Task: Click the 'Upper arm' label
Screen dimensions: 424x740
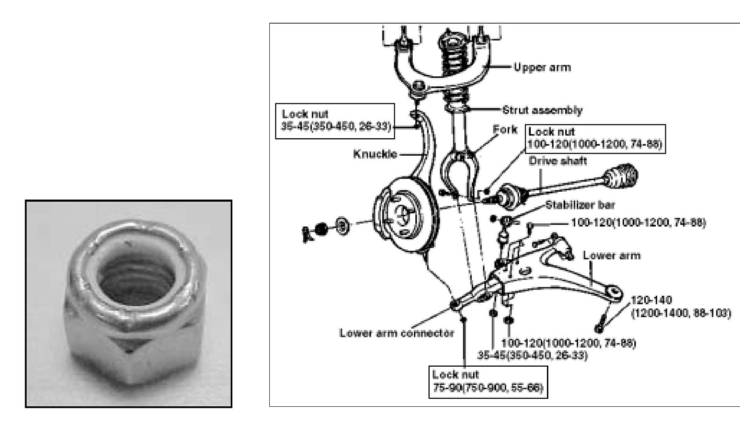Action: coord(542,67)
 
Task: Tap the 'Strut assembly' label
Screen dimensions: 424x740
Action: coord(542,110)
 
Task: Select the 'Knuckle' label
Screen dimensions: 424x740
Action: coord(375,154)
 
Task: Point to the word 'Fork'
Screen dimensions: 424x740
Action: coord(505,130)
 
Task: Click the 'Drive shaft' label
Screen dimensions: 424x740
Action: coord(558,161)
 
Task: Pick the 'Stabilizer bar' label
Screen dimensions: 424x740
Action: coord(580,205)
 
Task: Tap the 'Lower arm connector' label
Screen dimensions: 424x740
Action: coord(396,333)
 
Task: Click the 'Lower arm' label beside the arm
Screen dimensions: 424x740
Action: coord(612,256)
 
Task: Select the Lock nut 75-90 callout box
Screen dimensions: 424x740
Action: coord(488,382)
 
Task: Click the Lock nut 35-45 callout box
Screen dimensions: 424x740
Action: coord(335,121)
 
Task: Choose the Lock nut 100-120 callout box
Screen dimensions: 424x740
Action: coord(595,139)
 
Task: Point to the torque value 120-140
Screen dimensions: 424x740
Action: coord(651,300)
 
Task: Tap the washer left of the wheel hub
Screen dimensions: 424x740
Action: coord(342,227)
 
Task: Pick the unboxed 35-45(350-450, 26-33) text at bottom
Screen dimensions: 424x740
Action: coord(532,355)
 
